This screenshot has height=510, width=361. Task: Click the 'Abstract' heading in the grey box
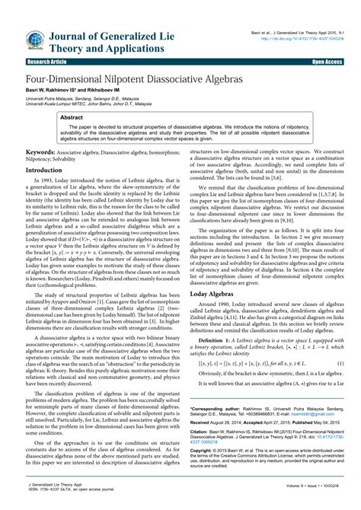72,119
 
